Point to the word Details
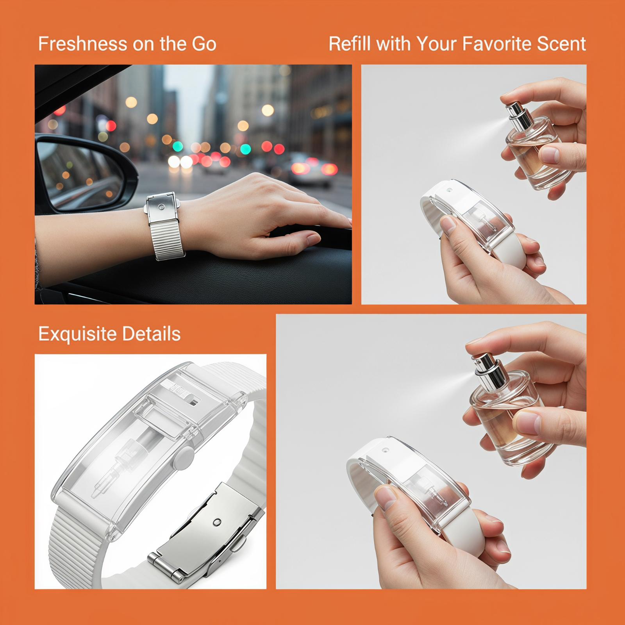151,334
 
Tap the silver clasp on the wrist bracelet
162,207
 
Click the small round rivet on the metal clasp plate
217,522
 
